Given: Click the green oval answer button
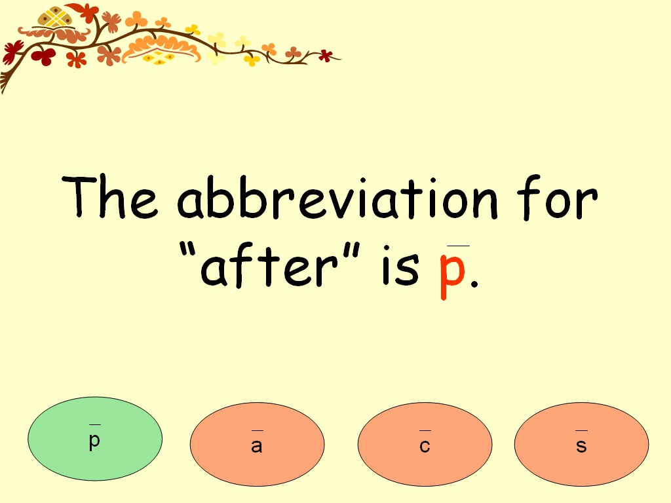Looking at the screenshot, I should [x=95, y=439].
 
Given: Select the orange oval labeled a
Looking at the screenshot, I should [x=257, y=444].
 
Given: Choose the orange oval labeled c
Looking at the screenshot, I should [x=425, y=444].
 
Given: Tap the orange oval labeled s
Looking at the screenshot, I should [x=581, y=444].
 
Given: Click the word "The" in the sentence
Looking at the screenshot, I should [x=110, y=197].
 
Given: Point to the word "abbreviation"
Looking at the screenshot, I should [x=337, y=197].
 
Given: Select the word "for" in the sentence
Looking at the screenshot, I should [x=556, y=197].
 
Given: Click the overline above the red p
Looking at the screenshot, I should [x=458, y=246].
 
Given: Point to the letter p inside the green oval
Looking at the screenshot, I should [x=95, y=441].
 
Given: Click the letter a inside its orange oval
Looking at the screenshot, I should [x=257, y=447].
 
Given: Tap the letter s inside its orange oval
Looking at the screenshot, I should [x=581, y=447].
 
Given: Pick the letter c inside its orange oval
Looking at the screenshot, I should [x=425, y=447].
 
